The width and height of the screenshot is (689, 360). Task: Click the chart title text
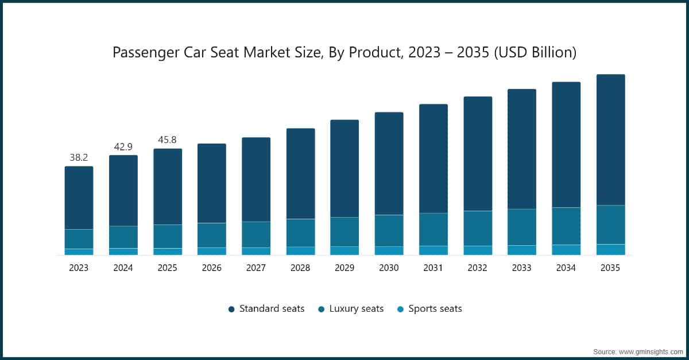click(344, 53)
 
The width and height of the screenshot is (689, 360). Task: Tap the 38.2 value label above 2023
click(79, 157)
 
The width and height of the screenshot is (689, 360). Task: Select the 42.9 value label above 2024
click(123, 146)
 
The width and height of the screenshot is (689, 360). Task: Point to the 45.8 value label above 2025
click(168, 140)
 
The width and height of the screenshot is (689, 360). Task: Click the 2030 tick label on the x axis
click(389, 268)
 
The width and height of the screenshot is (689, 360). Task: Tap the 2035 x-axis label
click(610, 268)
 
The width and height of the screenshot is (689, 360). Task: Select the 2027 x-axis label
click(256, 268)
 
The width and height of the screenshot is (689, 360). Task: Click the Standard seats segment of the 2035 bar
click(610, 140)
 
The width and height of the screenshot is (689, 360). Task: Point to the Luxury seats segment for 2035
click(610, 224)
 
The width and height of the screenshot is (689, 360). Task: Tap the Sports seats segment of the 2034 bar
click(566, 250)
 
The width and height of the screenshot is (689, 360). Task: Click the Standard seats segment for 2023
click(79, 198)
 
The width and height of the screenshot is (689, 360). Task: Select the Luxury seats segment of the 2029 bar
click(344, 232)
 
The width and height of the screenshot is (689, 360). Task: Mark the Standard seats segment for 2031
click(433, 158)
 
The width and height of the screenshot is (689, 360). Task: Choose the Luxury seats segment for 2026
click(212, 235)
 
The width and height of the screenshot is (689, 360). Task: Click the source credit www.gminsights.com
click(638, 351)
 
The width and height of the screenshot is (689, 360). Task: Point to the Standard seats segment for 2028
click(300, 173)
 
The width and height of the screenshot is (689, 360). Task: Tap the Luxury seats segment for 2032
click(478, 229)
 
